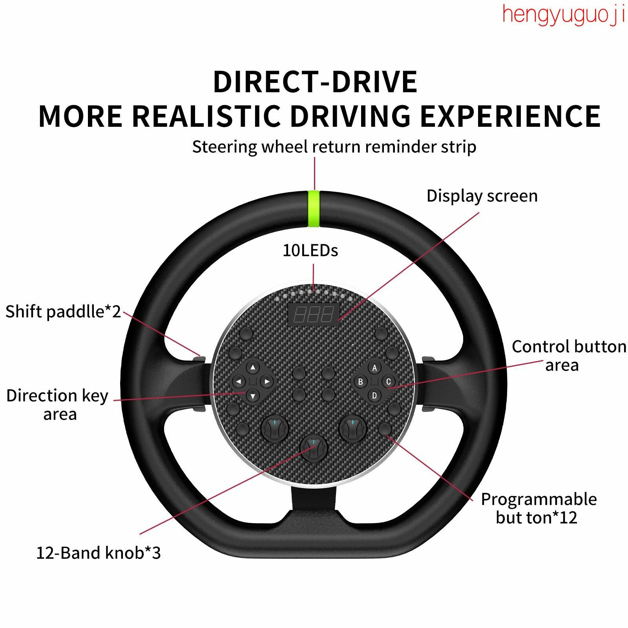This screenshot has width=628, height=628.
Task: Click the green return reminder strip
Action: click(x=314, y=209)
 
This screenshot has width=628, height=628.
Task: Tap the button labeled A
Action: click(x=374, y=368)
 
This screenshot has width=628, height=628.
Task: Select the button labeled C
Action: click(x=388, y=382)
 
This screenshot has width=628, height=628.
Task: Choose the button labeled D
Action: click(x=374, y=395)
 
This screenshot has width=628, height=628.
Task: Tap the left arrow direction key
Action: click(x=239, y=382)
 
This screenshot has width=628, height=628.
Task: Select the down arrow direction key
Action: click(x=253, y=396)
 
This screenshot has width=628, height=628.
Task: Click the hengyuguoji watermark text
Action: click(x=564, y=15)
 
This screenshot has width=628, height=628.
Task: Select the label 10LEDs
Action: click(x=310, y=250)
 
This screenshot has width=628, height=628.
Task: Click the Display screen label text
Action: click(x=482, y=196)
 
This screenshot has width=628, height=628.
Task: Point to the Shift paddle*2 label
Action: click(x=63, y=312)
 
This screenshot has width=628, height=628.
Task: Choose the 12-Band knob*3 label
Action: click(x=99, y=553)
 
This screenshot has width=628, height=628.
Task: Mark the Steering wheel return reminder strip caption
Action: click(x=334, y=147)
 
